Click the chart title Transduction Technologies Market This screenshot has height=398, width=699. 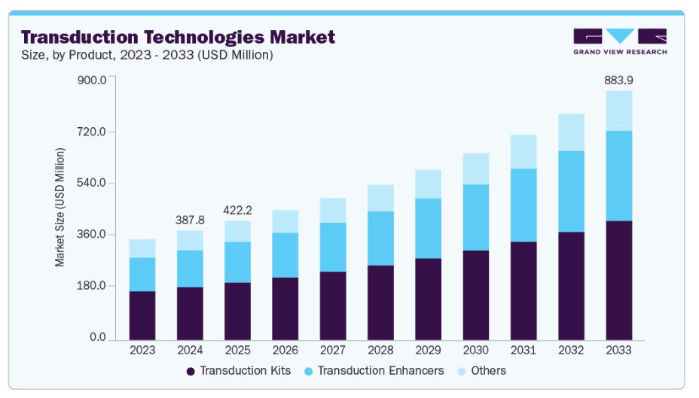pos(178,37)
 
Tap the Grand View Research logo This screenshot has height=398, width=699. pos(620,41)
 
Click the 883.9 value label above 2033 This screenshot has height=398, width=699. pos(618,80)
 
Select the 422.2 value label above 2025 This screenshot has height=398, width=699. pos(237,210)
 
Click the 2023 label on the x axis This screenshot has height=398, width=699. pos(142,351)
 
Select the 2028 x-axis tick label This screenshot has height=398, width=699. pos(380,351)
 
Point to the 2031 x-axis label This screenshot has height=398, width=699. pos(523,351)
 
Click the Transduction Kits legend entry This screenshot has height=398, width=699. pos(240,371)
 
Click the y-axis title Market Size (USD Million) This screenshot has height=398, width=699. pos(60,207)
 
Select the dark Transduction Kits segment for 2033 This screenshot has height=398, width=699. pos(618,280)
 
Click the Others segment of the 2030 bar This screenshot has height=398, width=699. pos(476,169)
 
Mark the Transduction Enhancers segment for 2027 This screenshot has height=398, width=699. pos(333,247)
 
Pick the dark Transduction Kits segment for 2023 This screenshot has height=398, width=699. pos(142,315)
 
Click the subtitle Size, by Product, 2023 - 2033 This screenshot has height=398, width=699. pos(147,55)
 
